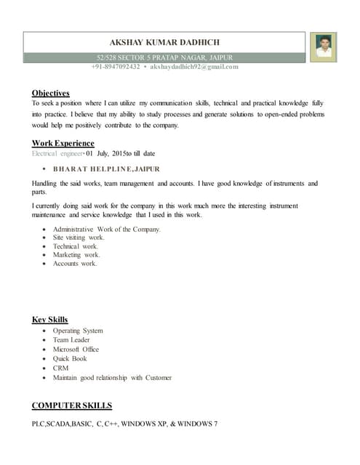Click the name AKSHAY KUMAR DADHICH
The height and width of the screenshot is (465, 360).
point(164,43)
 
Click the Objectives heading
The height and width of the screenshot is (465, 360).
point(50,93)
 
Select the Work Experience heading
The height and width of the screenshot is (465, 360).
point(63,143)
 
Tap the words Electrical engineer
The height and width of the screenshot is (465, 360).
point(57,154)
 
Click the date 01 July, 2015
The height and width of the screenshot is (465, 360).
point(108,154)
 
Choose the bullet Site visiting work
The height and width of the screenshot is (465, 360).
point(79,238)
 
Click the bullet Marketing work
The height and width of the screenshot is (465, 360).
point(76,255)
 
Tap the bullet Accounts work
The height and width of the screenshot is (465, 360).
point(74,264)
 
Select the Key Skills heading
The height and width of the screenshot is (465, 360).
point(49,320)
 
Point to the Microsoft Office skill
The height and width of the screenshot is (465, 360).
point(76,349)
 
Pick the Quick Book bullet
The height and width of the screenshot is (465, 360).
point(70,359)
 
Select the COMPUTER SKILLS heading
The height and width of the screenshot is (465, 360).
point(71,405)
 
